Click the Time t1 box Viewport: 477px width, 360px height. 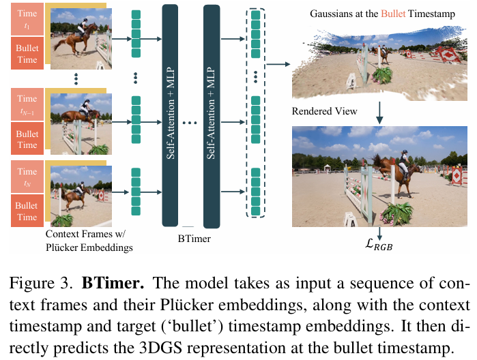pyautogui.click(x=27, y=19)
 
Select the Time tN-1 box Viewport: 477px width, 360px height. pyautogui.click(x=27, y=104)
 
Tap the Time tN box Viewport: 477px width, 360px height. pyautogui.click(x=27, y=177)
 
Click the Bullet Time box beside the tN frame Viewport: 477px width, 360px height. pyautogui.click(x=27, y=211)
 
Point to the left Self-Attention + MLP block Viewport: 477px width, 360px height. pyautogui.click(x=170, y=115)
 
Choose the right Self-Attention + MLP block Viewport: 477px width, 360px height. pyautogui.click(x=212, y=117)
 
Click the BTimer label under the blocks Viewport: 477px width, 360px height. pyautogui.click(x=194, y=239)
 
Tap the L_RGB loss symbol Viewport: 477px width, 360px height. pyautogui.click(x=379, y=244)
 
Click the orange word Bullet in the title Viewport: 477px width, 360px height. pyautogui.click(x=393, y=14)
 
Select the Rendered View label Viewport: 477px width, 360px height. pyautogui.click(x=324, y=111)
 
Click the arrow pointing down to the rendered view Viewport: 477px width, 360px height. pyautogui.click(x=379, y=112)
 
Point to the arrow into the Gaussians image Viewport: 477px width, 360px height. pyautogui.click(x=278, y=64)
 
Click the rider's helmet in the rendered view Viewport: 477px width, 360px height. pyautogui.click(x=405, y=151)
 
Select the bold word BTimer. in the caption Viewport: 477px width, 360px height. pyautogui.click(x=113, y=283)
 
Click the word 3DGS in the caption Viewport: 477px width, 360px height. pyautogui.click(x=160, y=348)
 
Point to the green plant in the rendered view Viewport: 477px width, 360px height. pyautogui.click(x=397, y=214)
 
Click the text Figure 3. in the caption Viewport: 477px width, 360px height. pyautogui.click(x=42, y=284)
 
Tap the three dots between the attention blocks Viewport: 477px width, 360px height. pyautogui.click(x=190, y=123)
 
